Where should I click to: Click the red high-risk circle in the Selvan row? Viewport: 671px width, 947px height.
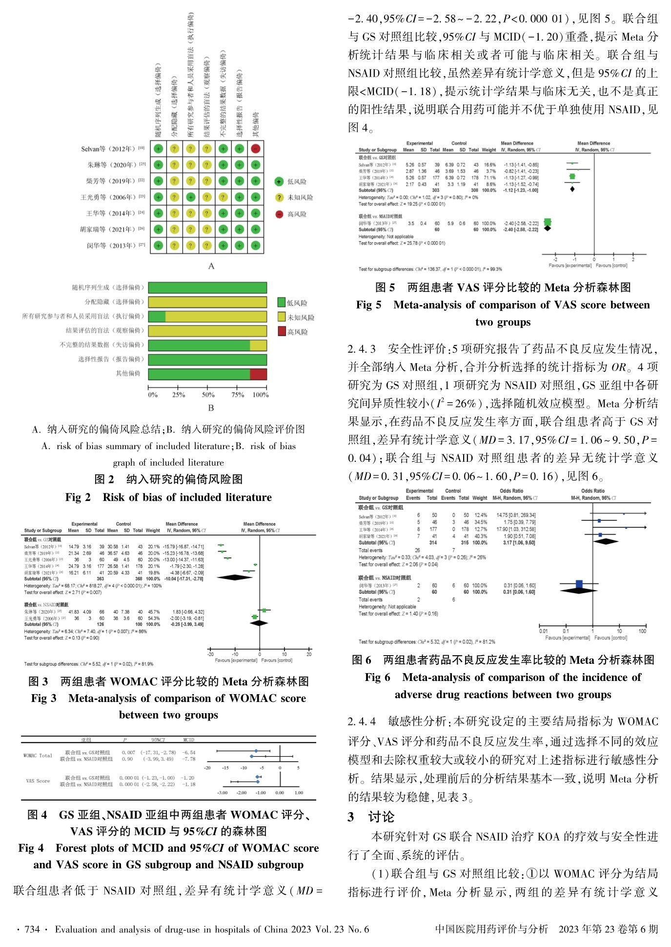[255, 148]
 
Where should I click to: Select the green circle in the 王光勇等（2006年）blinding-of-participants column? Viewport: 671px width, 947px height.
[191, 197]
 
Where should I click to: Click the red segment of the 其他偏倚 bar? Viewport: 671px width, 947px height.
[258, 374]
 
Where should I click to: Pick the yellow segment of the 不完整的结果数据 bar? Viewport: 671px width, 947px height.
[258, 346]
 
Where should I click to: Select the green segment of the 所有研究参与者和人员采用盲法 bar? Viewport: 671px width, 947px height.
[157, 317]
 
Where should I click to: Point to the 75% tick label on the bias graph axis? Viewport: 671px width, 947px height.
[238, 395]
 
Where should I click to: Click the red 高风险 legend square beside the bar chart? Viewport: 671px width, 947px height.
[282, 331]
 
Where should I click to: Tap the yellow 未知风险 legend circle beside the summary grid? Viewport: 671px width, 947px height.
[279, 198]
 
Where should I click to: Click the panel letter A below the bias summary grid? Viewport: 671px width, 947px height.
[211, 266]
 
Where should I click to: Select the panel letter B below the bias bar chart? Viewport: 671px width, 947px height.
[211, 408]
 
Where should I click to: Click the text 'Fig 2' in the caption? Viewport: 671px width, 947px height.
[78, 497]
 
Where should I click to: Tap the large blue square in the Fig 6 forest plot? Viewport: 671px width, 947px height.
[579, 584]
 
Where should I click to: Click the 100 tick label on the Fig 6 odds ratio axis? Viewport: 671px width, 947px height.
[642, 631]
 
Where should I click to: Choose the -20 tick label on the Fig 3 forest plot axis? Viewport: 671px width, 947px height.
[210, 654]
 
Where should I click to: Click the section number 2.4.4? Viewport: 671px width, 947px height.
[362, 721]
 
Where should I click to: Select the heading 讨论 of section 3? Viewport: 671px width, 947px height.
[381, 817]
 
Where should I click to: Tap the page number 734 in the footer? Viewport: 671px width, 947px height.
[32, 929]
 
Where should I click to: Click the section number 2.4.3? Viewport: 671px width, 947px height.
[362, 349]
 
